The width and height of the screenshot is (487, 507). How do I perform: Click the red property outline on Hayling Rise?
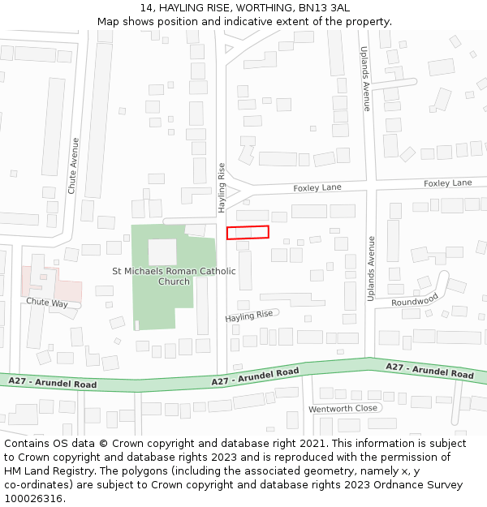coord(248,232)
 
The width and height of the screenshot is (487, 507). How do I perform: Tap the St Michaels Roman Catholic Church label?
coord(174,276)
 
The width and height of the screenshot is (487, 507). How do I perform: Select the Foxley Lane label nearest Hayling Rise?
coord(317,187)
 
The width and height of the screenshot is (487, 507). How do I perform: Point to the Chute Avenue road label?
coord(74,165)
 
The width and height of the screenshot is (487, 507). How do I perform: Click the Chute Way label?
coord(47,302)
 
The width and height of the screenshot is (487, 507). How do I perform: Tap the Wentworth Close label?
coord(343,408)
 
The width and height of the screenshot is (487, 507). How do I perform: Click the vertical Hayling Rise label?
coord(222,187)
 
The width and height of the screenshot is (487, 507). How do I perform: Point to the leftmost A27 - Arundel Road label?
coord(53,382)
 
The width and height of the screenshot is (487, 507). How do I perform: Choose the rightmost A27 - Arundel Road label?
coord(429,371)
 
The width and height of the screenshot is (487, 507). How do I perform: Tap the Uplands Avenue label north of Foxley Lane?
coord(367,78)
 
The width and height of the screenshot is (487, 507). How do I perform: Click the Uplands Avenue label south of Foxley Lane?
coord(371,269)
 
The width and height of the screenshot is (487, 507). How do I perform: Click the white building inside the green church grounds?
coord(162,251)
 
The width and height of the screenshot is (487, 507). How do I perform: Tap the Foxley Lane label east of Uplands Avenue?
coord(447,183)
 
